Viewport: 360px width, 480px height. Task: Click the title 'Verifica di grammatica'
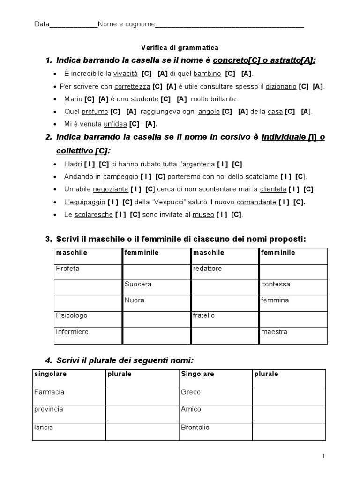180,48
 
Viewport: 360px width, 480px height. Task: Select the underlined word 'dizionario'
281,87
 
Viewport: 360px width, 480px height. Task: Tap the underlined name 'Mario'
73,99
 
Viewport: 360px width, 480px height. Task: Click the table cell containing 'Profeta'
88,272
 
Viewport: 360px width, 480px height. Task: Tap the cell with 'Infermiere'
88,336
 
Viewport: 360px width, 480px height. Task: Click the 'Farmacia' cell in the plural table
68,396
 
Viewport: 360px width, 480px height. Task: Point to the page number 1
323,456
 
